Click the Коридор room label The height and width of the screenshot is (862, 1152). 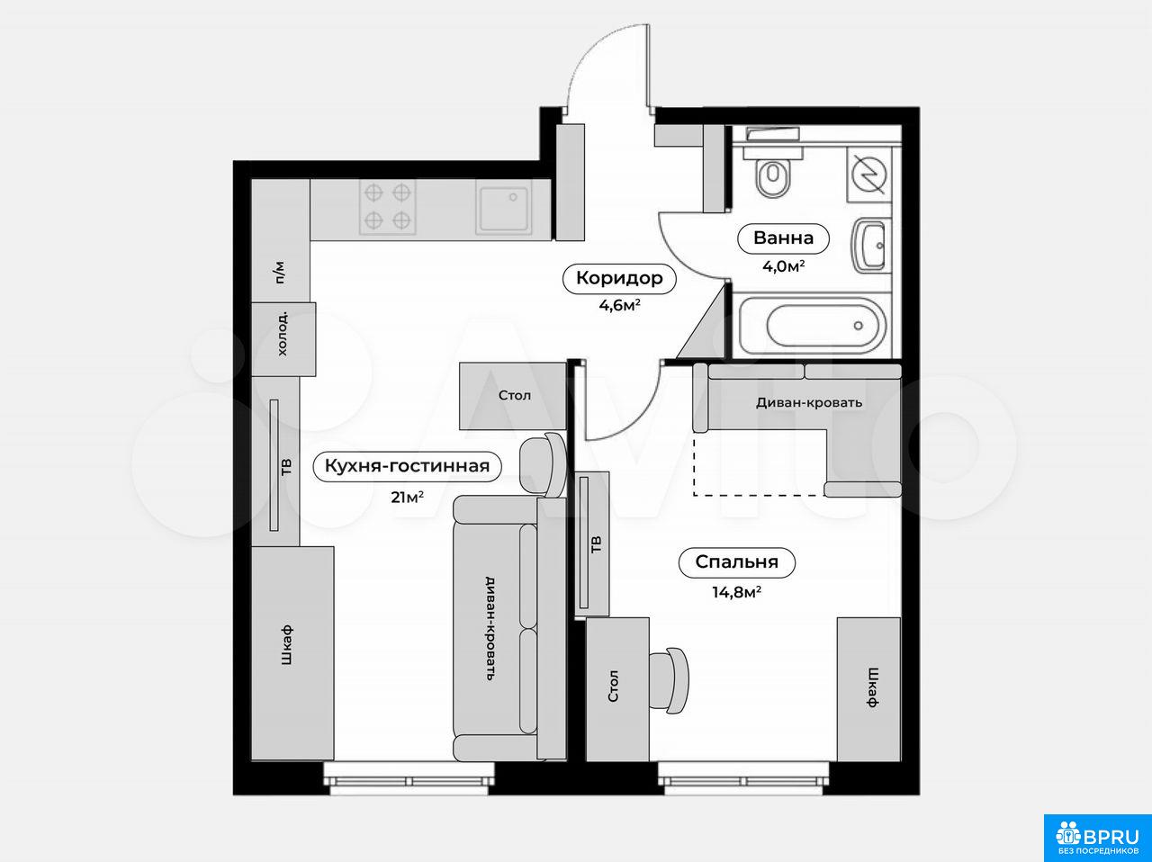click(x=619, y=277)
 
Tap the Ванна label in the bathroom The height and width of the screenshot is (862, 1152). click(x=783, y=238)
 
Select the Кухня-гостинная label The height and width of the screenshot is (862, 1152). click(x=407, y=466)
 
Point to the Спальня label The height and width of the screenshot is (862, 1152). click(x=736, y=561)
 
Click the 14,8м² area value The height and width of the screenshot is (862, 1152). click(x=736, y=592)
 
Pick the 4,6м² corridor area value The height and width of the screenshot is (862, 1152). click(x=619, y=305)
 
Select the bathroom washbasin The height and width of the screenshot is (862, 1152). click(x=870, y=246)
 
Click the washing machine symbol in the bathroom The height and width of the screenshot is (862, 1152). click(x=868, y=175)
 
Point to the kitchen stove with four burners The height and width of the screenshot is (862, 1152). click(x=387, y=207)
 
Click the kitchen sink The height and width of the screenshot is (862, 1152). click(x=503, y=207)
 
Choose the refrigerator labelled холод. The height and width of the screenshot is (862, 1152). click(x=283, y=339)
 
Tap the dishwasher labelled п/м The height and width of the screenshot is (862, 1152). click(x=280, y=272)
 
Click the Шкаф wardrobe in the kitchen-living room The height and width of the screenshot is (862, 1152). click(x=292, y=653)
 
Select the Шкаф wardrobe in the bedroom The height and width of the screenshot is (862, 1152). click(x=868, y=689)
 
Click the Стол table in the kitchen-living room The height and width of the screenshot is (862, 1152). click(x=513, y=396)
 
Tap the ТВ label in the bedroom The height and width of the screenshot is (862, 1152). click(x=596, y=544)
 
